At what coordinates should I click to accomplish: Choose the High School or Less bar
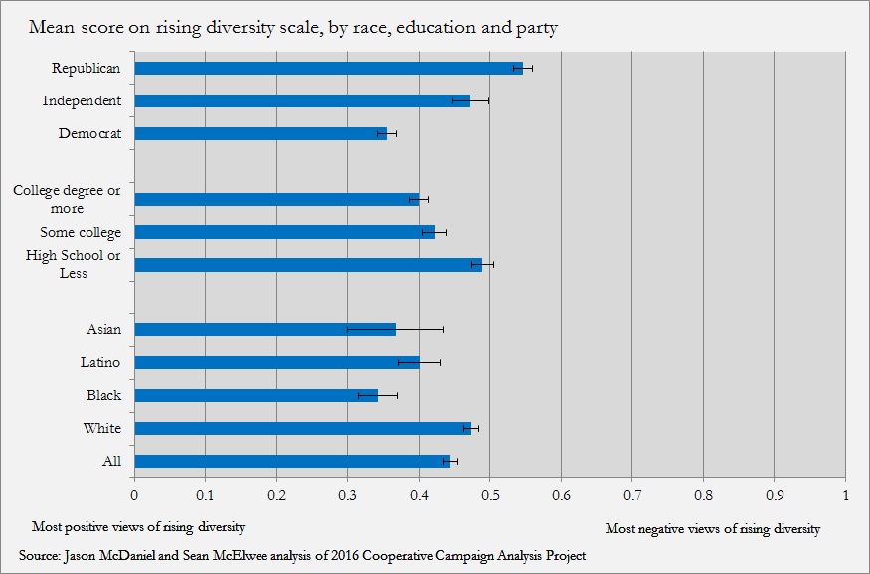[x=308, y=265]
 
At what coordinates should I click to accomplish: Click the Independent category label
[x=82, y=100]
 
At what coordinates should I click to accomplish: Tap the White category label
[x=102, y=428]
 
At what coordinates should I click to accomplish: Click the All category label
[x=111, y=461]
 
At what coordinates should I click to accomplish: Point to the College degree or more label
[x=67, y=199]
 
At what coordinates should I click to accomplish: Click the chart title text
[x=292, y=28]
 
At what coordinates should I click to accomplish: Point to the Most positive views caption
[x=138, y=526]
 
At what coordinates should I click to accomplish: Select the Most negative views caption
[x=712, y=529]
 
